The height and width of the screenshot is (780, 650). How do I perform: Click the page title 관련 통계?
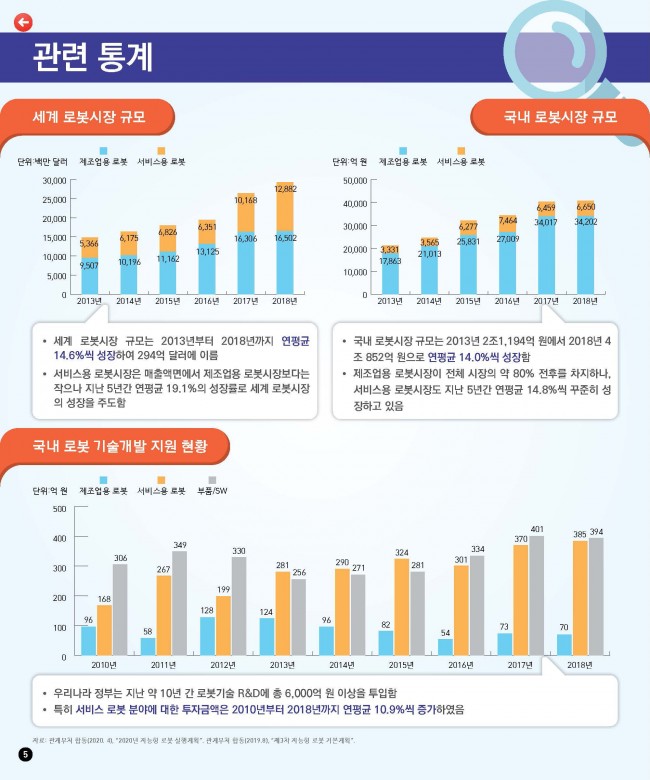point(93,57)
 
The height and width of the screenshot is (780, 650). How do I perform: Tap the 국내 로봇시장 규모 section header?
point(560,118)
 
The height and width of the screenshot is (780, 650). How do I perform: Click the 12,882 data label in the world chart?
point(286,189)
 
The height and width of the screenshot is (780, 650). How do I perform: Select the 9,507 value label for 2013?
point(89,265)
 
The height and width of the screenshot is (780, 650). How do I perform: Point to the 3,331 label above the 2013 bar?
point(390,249)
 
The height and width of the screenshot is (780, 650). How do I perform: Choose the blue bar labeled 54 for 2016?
point(445,647)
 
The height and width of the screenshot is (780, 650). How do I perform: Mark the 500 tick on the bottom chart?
point(58,509)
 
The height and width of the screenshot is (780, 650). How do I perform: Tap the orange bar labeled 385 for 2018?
point(579,598)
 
